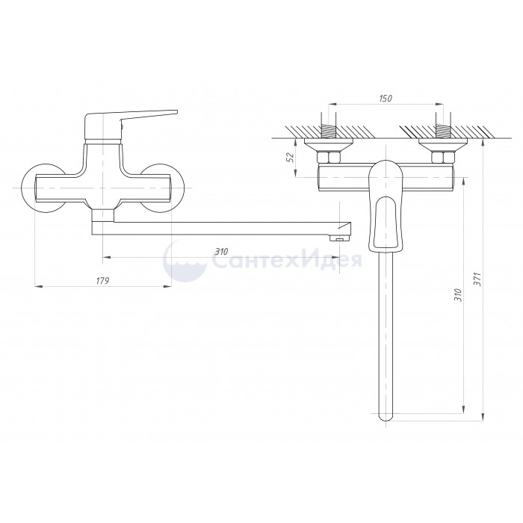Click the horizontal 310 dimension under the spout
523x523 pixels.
click(221, 252)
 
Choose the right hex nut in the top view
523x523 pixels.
click(439, 158)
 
